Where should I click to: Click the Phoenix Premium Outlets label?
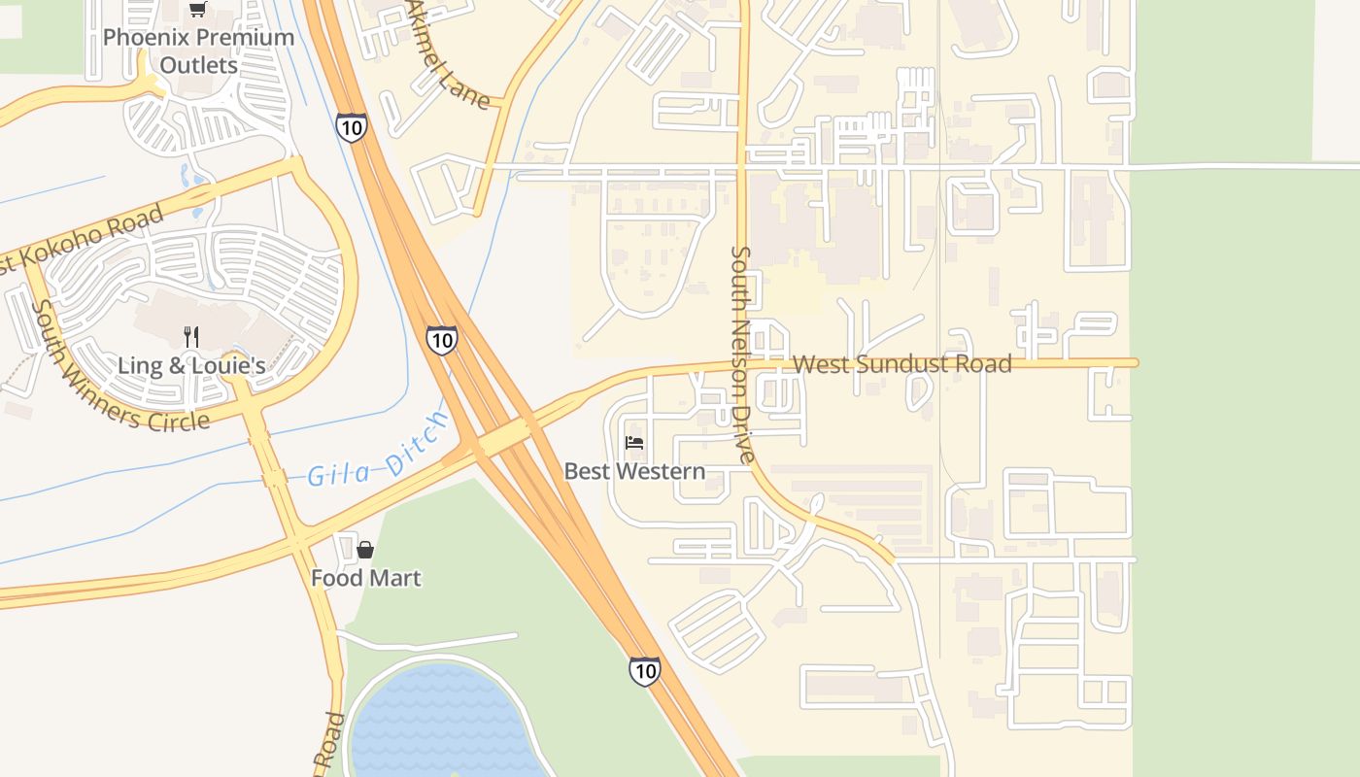pyautogui.click(x=198, y=51)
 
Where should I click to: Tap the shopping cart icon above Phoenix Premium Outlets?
pyautogui.click(x=198, y=10)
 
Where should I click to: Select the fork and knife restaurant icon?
pyautogui.click(x=191, y=337)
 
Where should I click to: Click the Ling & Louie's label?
pyautogui.click(x=191, y=366)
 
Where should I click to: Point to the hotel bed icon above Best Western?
pyautogui.click(x=634, y=444)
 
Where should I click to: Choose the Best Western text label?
pyautogui.click(x=634, y=472)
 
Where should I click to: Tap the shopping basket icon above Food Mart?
pyautogui.click(x=365, y=550)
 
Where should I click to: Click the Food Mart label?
pyautogui.click(x=365, y=579)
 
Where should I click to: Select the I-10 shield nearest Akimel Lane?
pyautogui.click(x=352, y=126)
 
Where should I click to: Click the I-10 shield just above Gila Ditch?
pyautogui.click(x=441, y=340)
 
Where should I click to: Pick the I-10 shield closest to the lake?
pyautogui.click(x=644, y=670)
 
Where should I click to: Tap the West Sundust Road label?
pyautogui.click(x=902, y=364)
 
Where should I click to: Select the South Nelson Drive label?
pyautogui.click(x=741, y=355)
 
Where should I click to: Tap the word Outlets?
pyautogui.click(x=198, y=65)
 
